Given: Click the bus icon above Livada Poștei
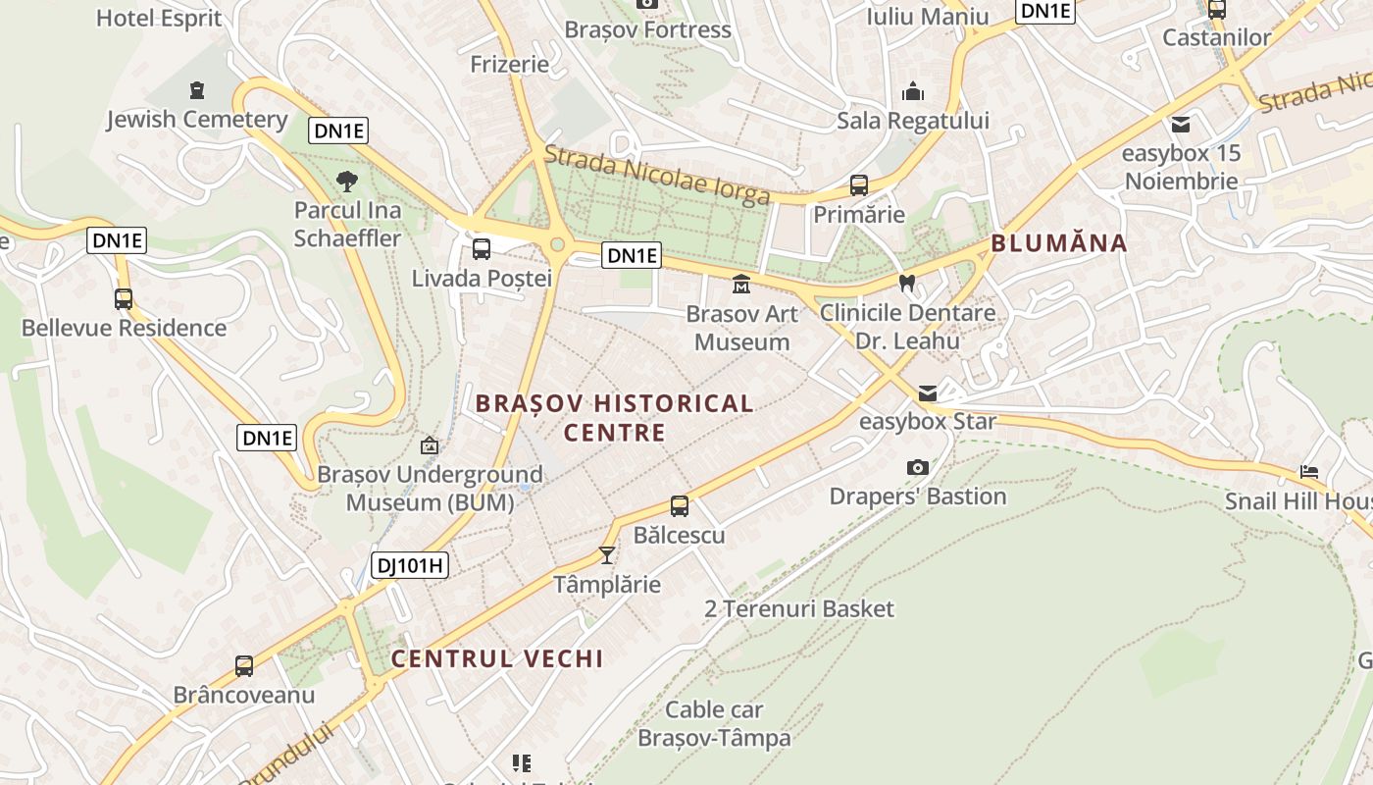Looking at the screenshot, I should (481, 249).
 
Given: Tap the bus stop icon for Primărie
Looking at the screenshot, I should (858, 185).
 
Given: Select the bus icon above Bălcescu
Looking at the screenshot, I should (680, 506).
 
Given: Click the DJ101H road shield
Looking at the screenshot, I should (410, 565).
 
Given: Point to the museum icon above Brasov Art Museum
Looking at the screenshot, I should (741, 285).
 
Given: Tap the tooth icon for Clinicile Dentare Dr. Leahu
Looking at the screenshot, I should (907, 283).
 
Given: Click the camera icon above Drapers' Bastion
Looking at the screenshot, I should (918, 467).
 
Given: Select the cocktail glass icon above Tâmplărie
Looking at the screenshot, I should (607, 555).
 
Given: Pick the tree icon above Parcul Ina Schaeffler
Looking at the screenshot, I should (346, 181).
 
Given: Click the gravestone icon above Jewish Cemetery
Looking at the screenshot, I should (197, 90).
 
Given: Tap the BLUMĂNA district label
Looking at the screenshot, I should (1059, 243).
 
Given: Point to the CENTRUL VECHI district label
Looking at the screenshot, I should (497, 658).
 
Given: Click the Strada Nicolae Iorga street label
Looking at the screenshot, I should (657, 176).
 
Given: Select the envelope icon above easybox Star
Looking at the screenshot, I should (927, 393).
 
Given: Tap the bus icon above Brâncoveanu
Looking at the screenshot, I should (244, 666).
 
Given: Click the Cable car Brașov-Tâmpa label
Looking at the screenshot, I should (714, 723).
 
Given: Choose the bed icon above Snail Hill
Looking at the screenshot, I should (1309, 472).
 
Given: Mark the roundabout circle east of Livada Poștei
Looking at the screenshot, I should (558, 244).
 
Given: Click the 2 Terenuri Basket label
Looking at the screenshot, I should (799, 609).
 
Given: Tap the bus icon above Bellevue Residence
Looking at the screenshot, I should (124, 299).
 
